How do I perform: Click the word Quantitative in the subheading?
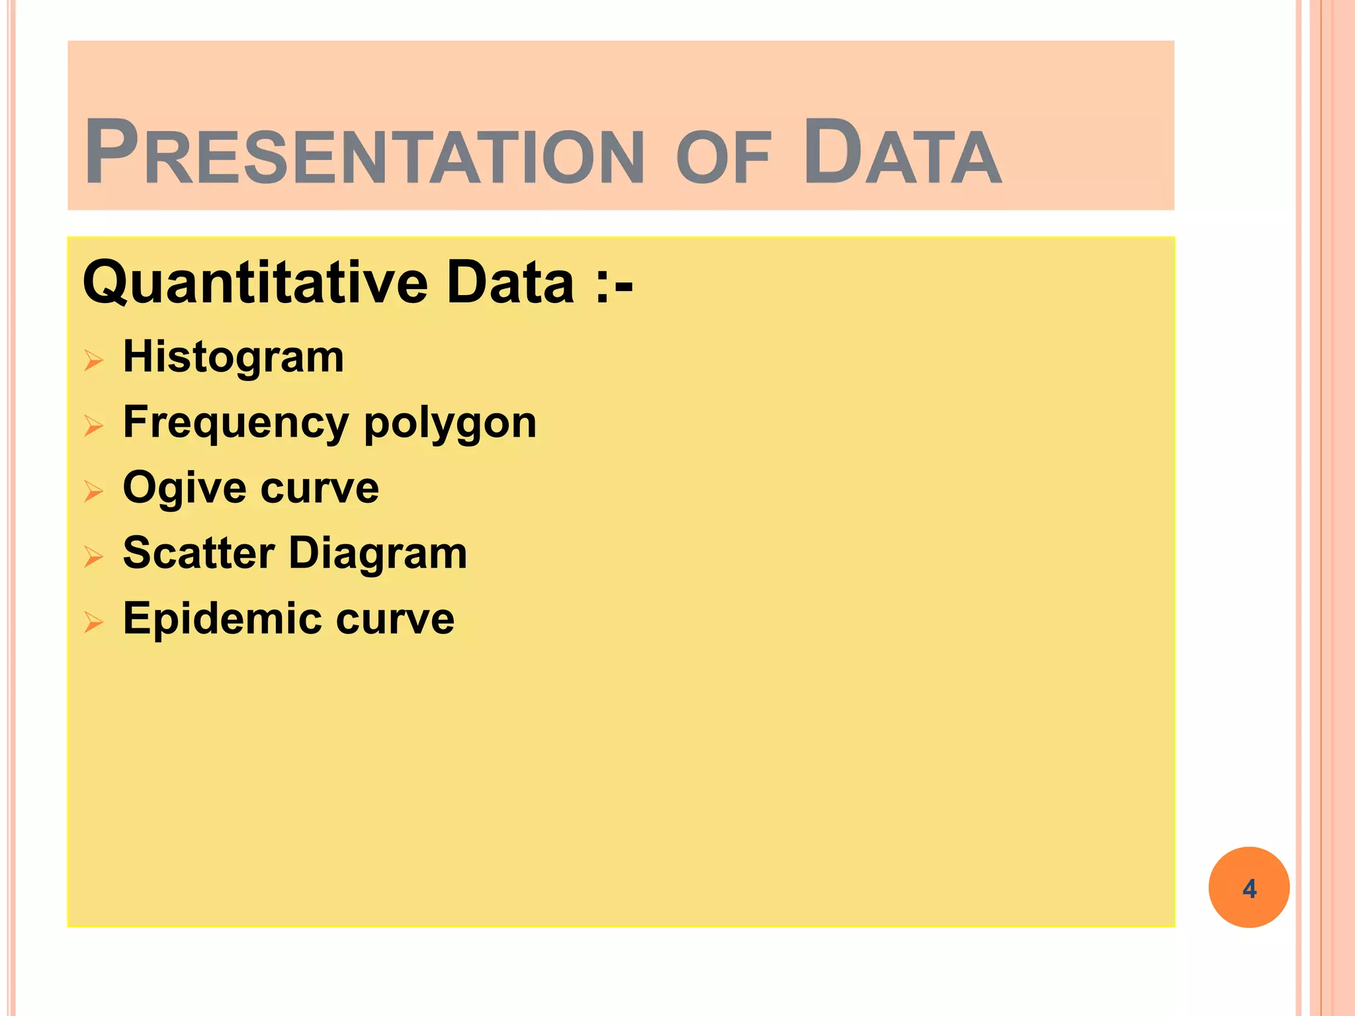(255, 283)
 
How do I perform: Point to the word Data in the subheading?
(510, 282)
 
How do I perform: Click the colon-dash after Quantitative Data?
(614, 284)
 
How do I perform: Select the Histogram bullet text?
(234, 357)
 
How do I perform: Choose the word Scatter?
(198, 553)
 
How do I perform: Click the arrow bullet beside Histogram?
(94, 360)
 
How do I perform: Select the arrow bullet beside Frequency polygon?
(94, 426)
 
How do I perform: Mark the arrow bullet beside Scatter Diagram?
(94, 557)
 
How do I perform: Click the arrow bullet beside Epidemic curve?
(94, 622)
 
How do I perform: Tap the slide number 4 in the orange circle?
(1249, 888)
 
